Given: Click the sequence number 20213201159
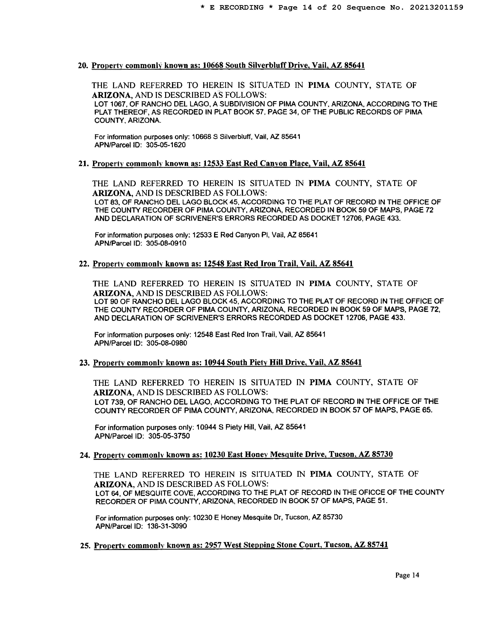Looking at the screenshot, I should pos(436,7).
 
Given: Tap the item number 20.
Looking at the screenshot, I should pos(83,66).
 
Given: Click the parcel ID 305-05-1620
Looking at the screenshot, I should pos(166,145).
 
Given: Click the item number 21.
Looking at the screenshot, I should pos(83,164).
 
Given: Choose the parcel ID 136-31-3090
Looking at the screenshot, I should pos(167,526).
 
